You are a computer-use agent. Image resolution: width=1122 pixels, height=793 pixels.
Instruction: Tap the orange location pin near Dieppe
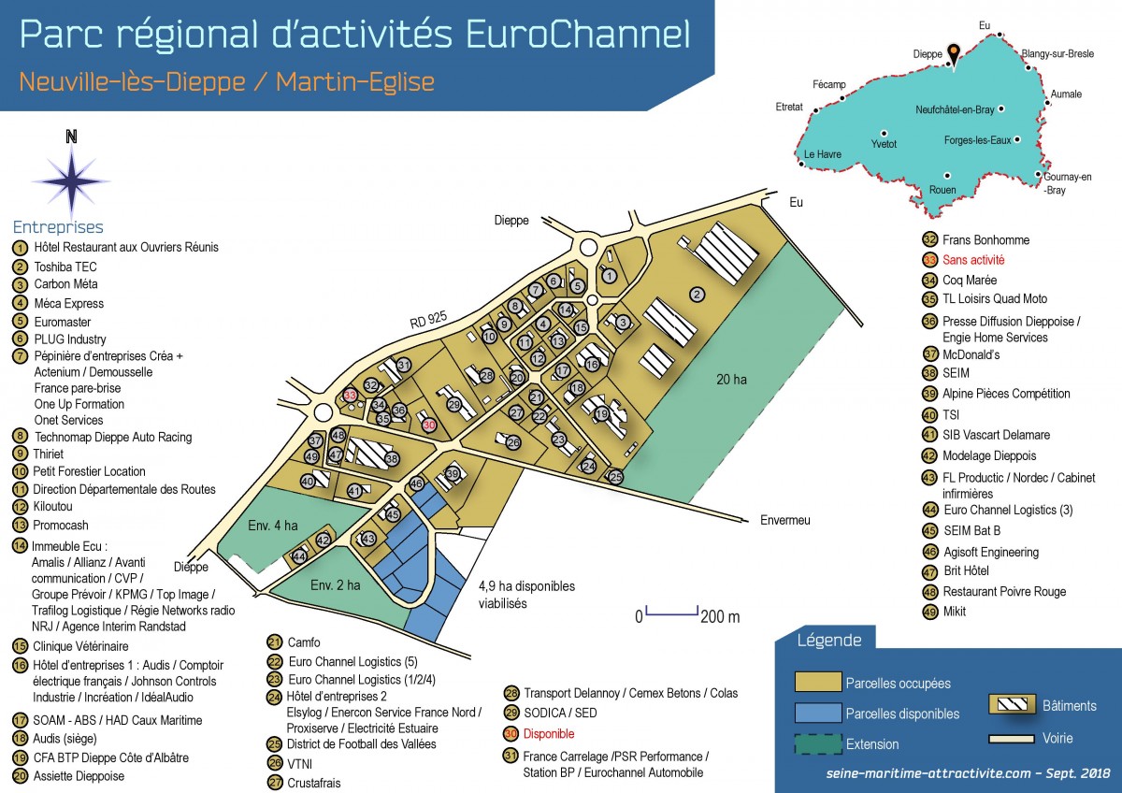(953, 53)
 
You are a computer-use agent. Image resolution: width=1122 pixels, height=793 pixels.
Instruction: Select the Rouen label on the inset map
(942, 190)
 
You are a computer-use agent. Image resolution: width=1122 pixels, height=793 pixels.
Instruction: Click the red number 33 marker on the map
(350, 396)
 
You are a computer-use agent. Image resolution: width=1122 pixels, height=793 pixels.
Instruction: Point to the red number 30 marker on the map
(429, 425)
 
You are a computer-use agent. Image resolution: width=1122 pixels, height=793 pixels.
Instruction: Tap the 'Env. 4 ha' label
(272, 525)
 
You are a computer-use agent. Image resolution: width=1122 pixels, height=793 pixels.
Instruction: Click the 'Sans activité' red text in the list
(973, 260)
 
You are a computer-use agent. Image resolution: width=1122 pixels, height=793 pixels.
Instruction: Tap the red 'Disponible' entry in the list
(549, 734)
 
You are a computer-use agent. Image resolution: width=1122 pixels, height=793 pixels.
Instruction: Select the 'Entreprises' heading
(58, 227)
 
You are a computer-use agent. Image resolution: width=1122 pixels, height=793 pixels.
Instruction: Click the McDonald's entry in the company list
(971, 354)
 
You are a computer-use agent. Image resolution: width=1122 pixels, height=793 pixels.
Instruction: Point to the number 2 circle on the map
(697, 295)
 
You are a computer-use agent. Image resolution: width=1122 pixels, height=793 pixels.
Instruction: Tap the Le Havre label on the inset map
(822, 154)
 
